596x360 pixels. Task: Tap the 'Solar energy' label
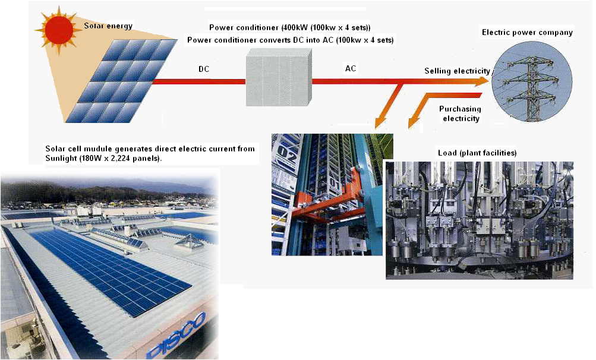tap(108, 26)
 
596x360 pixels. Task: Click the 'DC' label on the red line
tap(204, 69)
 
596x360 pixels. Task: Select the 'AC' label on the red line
tap(351, 68)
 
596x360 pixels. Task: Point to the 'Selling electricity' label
tap(457, 71)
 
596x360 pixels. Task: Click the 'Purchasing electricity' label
tap(460, 113)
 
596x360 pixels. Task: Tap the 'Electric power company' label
tap(527, 33)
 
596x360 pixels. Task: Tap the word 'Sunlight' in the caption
tap(61, 159)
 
